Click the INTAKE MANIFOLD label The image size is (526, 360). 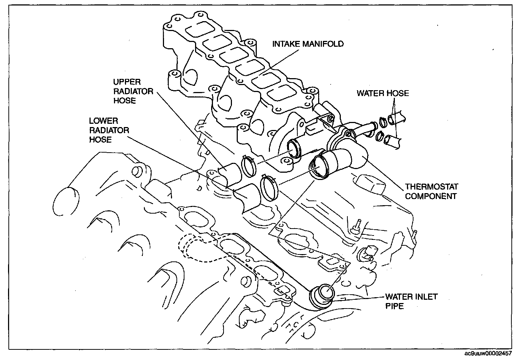point(308,44)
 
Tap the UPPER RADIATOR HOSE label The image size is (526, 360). point(128,91)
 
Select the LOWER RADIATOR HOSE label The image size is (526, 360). point(109,130)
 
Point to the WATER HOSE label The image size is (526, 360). point(382,93)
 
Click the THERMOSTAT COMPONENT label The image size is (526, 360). point(431,191)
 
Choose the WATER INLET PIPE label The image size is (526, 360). point(411,301)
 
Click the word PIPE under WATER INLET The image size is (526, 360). point(395,306)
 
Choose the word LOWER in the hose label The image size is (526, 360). point(103,120)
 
